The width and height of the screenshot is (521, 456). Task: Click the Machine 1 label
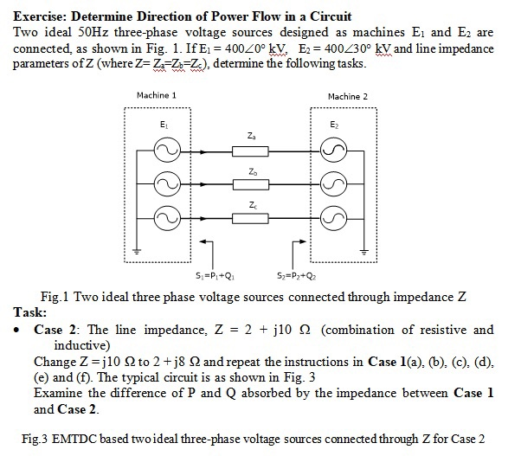tap(157, 94)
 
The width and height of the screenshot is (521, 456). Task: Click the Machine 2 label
tap(347, 95)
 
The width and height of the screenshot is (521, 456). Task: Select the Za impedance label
tap(250, 137)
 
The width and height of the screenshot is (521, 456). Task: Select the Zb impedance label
tap(250, 170)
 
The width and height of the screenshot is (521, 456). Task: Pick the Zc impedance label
tap(250, 205)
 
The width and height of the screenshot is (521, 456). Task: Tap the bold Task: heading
tap(30, 311)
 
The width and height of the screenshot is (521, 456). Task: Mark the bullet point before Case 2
tap(18, 331)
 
